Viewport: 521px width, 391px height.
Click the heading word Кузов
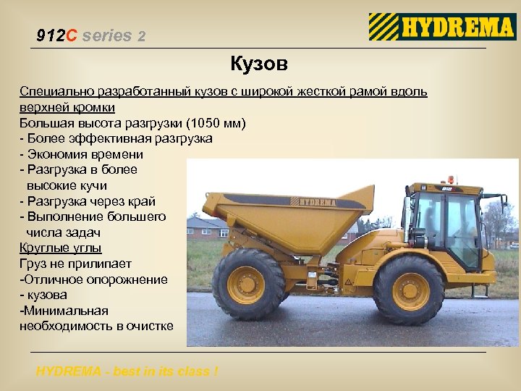click(259, 64)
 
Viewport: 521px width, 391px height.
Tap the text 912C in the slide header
click(56, 35)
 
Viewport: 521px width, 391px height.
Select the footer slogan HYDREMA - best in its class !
click(127, 371)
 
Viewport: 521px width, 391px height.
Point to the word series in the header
click(107, 35)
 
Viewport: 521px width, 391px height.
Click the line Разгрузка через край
click(90, 201)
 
